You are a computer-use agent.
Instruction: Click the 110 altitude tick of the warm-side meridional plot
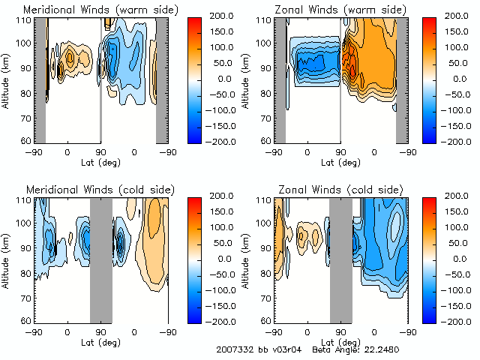pyautogui.click(x=24, y=20)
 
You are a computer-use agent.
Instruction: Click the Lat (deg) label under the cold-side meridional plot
pyautogui.click(x=100, y=340)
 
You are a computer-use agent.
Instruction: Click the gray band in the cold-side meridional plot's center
pyautogui.click(x=100, y=259)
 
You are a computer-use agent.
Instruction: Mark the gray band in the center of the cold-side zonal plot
pyautogui.click(x=340, y=259)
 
